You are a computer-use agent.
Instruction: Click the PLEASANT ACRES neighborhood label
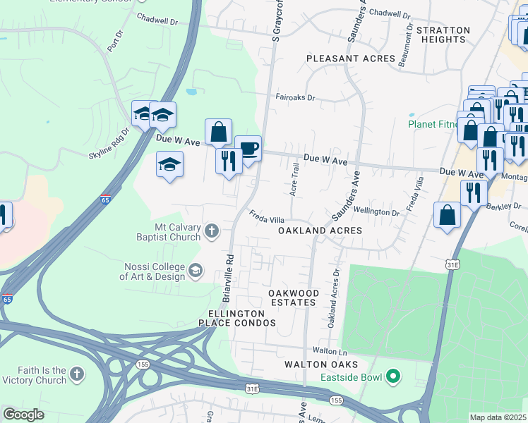point(350,59)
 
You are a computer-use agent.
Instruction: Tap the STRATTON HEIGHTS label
point(443,35)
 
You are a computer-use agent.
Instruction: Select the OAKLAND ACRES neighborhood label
point(320,231)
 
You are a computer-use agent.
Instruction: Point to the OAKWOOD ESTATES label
point(293,298)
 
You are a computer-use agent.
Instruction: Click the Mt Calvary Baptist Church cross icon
point(211,231)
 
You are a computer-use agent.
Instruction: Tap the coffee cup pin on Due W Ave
point(248,149)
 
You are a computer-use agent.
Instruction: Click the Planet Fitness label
point(432,125)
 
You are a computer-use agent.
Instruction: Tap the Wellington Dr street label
point(376,211)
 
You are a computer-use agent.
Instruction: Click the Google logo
point(23,415)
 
